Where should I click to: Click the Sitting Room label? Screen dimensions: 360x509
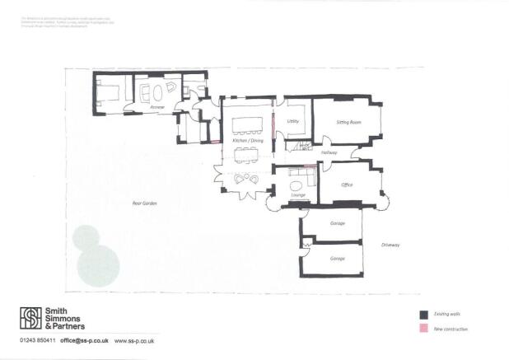tap(349, 123)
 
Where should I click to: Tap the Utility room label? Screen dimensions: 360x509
tap(292, 122)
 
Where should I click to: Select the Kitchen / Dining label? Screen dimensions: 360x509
tap(248, 142)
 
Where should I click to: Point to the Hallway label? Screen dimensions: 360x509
tap(329, 152)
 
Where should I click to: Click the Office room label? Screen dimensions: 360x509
tap(347, 185)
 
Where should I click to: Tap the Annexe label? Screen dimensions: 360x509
tap(158, 107)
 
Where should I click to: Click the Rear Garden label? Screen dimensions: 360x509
tap(144, 203)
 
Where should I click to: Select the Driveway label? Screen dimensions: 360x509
tap(390, 245)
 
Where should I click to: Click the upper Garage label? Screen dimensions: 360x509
tap(337, 223)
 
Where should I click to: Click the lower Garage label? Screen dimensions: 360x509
tap(337, 258)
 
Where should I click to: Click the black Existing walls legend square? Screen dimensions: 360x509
tap(423, 315)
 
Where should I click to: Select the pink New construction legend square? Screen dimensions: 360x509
tap(423, 329)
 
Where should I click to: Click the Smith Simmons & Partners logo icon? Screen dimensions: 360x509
tap(30, 317)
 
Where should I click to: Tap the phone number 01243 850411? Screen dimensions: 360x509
tap(38, 341)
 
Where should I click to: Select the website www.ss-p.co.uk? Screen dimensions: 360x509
tap(135, 341)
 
